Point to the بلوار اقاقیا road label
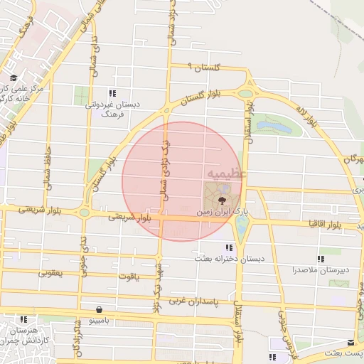point(321,224)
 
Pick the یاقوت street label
point(125,276)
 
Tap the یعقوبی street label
point(50,272)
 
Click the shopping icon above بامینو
point(98,310)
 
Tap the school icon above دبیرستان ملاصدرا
point(321,259)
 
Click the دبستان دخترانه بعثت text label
point(230,259)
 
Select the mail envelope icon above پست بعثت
point(350,342)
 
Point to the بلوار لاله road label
point(307,116)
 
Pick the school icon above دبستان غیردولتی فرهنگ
point(112,93)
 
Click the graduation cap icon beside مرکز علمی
point(13,78)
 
